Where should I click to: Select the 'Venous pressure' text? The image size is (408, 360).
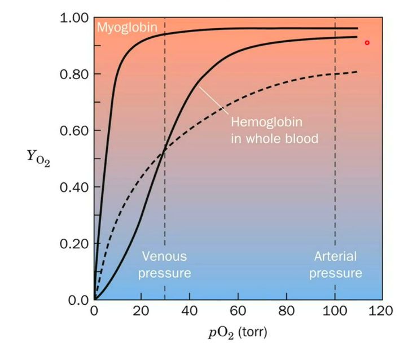point(165,265)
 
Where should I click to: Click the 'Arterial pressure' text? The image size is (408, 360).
point(335,265)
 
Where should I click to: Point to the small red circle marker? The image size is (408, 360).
point(367,43)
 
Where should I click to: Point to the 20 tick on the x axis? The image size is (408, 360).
point(141,311)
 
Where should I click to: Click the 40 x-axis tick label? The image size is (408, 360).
point(190,311)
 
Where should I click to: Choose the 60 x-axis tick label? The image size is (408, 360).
point(238,311)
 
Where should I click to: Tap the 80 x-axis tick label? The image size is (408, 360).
point(286,311)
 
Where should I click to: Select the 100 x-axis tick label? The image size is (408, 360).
point(335,311)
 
